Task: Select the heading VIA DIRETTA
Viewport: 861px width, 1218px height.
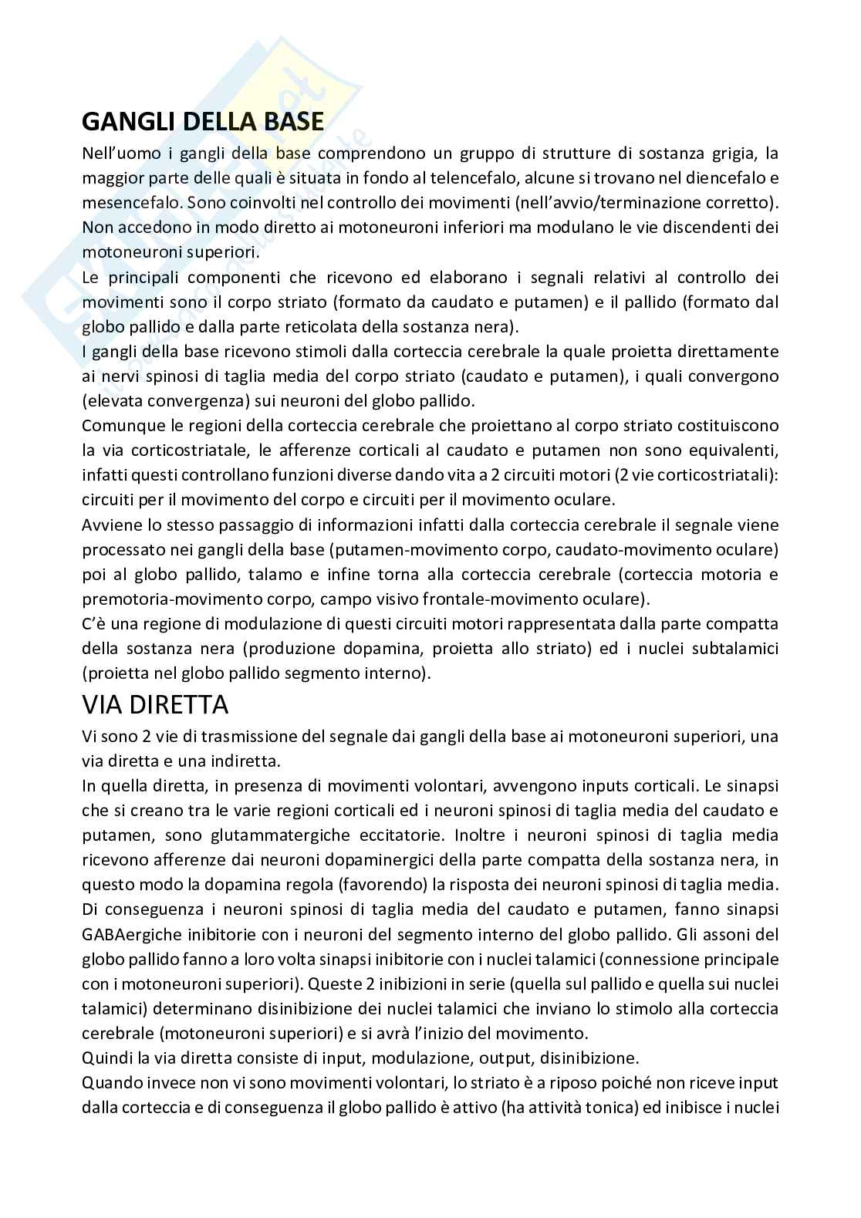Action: (155, 703)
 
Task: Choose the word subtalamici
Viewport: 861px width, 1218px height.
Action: (732, 649)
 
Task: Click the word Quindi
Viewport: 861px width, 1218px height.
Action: (106, 1058)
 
